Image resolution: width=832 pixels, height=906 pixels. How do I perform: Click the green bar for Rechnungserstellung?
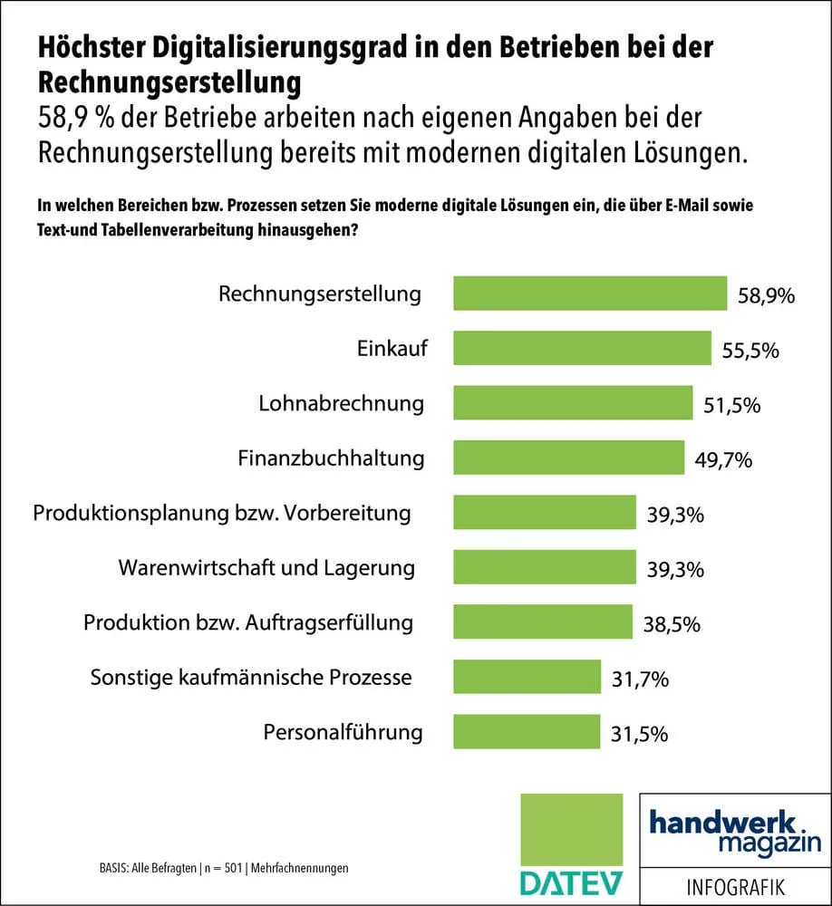[589, 294]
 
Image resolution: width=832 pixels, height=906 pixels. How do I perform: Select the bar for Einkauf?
[582, 349]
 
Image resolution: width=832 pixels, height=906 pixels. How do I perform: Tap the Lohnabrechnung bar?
[572, 403]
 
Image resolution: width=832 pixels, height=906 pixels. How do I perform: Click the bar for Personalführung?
[527, 732]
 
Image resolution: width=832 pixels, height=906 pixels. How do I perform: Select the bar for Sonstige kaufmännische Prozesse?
[527, 678]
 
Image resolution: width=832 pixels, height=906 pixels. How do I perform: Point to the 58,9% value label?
[766, 295]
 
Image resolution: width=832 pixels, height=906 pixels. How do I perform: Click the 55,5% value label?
[750, 351]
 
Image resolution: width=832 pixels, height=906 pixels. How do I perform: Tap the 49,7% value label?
[724, 460]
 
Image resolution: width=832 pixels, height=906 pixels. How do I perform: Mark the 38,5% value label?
[673, 624]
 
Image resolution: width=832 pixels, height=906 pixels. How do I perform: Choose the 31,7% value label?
[642, 679]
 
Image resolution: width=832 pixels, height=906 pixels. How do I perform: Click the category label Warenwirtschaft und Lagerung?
[266, 568]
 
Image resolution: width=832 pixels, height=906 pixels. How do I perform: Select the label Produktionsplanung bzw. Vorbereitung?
[222, 514]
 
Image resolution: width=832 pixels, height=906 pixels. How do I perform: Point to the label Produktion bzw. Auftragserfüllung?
[248, 623]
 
